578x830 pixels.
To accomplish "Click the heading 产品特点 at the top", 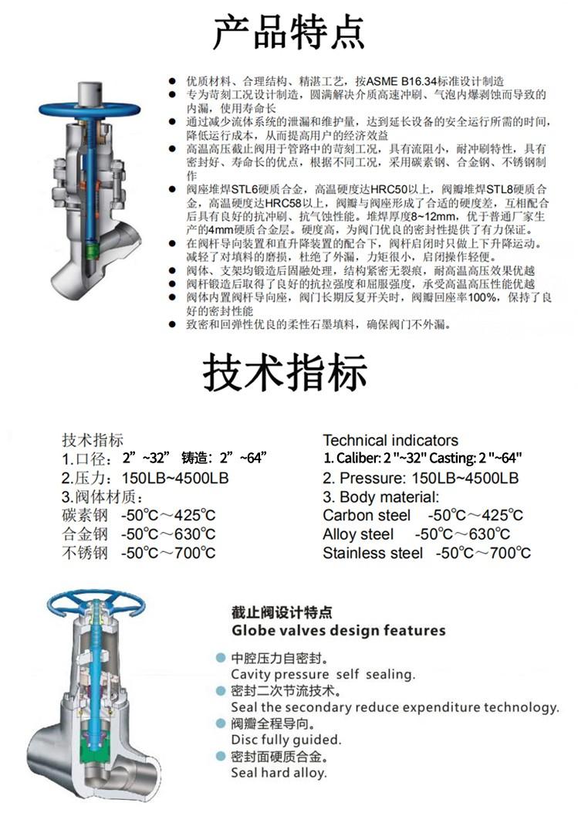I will pos(289,32).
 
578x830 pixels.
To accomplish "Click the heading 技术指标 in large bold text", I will pos(285,374).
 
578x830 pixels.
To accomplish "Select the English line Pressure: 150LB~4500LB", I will pos(421,478).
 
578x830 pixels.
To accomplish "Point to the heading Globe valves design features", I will pos(339,630).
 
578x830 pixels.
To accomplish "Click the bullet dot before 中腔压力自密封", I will pos(221,659).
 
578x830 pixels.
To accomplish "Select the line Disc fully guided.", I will pos(286,739).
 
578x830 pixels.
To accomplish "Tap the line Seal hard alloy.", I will pos(279,772).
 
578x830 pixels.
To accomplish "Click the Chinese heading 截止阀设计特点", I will pos(282,612).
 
